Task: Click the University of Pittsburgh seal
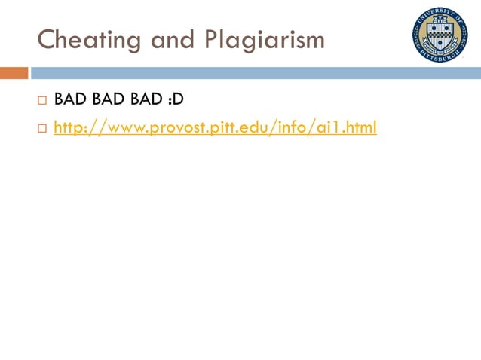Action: (x=440, y=34)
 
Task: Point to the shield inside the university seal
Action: (x=440, y=34)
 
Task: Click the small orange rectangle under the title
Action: (x=14, y=73)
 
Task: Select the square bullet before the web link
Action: (x=41, y=130)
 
